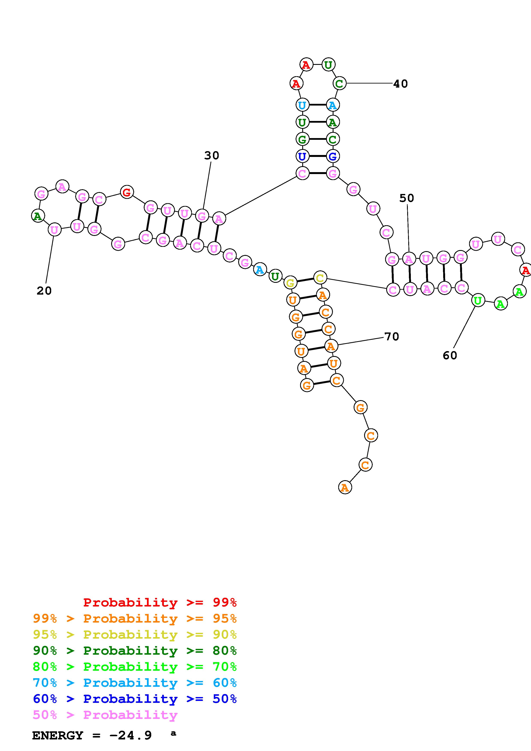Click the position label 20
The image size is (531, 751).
(x=44, y=291)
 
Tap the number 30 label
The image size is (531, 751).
(x=211, y=155)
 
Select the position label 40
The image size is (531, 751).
(x=401, y=84)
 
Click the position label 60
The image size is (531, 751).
(x=450, y=355)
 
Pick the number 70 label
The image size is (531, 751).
(x=392, y=336)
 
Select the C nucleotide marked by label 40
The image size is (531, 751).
(x=339, y=84)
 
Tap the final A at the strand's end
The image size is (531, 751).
(x=344, y=488)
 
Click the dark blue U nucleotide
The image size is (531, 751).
(x=302, y=156)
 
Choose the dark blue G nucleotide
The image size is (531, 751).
(x=332, y=156)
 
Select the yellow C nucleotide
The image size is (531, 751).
(x=320, y=278)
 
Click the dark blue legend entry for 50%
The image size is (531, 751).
(x=135, y=699)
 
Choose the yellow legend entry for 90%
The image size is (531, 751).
(x=135, y=634)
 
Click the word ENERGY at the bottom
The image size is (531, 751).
(x=58, y=735)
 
